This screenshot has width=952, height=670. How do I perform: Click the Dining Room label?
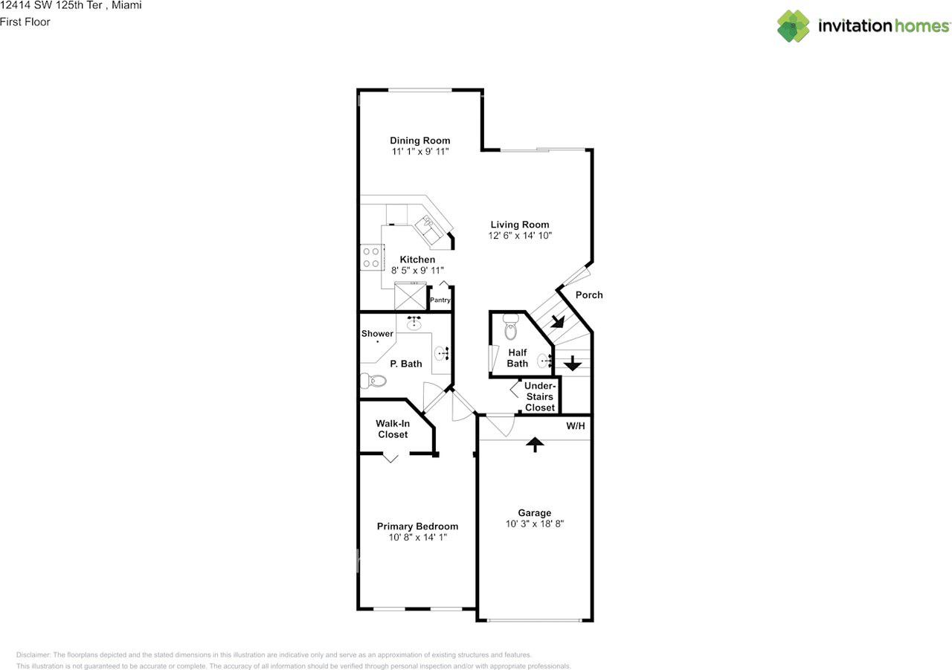click(420, 141)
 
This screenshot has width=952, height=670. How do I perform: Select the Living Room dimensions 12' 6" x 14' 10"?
click(520, 236)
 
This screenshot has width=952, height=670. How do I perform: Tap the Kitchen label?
click(417, 260)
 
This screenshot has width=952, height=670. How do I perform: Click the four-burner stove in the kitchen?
click(370, 257)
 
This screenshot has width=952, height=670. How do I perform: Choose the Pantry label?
click(440, 300)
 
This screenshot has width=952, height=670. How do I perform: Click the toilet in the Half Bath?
click(510, 326)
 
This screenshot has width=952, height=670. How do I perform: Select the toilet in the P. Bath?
click(374, 381)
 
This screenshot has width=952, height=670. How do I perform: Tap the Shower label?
click(377, 334)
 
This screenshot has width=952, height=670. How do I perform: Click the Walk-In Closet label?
click(393, 429)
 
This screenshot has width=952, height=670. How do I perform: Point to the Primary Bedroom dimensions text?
click(417, 537)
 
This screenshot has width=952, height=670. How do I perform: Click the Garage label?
click(535, 512)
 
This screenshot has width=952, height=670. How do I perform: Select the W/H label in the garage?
click(576, 426)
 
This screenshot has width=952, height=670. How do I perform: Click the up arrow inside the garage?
click(535, 444)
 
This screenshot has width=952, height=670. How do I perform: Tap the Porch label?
click(589, 295)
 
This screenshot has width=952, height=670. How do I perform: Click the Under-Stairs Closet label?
click(540, 396)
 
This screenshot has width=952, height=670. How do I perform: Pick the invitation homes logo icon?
click(793, 26)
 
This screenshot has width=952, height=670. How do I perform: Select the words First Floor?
click(25, 22)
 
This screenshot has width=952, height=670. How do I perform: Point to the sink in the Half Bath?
click(547, 360)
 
